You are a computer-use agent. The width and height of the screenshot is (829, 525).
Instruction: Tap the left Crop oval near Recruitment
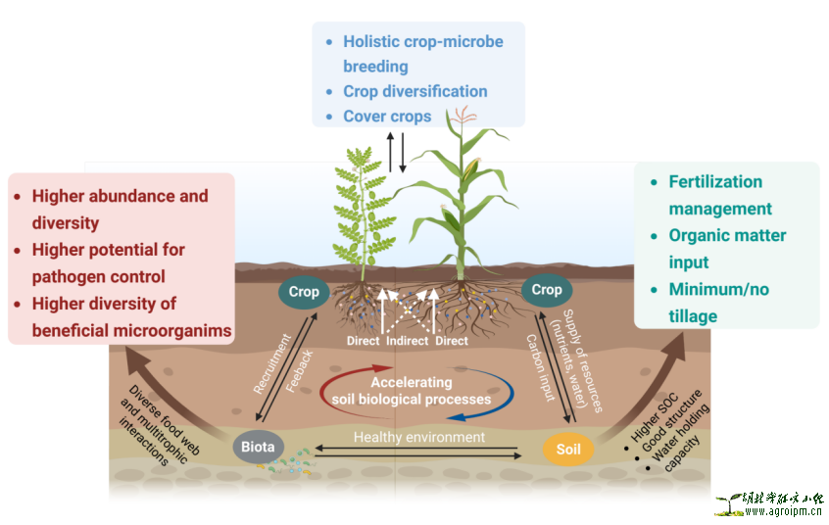304,292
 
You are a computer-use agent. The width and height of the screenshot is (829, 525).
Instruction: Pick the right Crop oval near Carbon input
547,290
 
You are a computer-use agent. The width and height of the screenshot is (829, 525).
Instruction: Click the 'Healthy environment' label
419,437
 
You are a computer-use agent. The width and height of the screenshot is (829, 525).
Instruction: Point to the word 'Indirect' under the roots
406,341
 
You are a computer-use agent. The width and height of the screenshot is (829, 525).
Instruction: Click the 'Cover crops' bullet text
387,117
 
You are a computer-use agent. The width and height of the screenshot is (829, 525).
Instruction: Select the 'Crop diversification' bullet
414,91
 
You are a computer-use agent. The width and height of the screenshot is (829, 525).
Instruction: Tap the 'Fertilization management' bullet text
719,195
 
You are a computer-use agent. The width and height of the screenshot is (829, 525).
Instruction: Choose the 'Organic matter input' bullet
727,249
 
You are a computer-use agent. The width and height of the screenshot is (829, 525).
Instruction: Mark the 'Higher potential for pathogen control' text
108,262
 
